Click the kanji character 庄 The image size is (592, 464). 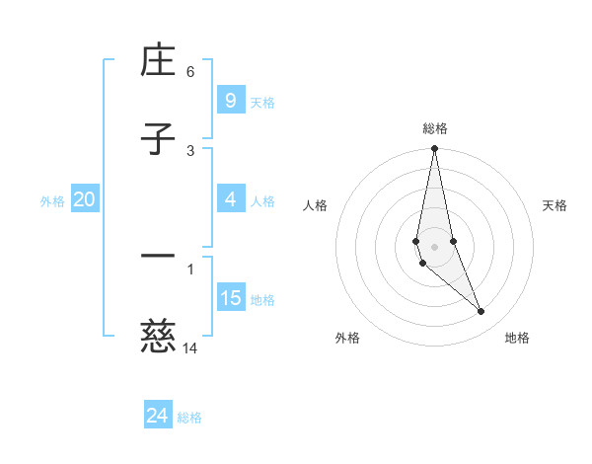click(x=158, y=63)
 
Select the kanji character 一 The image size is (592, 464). click(x=158, y=257)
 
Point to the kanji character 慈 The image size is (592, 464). click(x=158, y=338)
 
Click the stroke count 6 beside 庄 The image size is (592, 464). click(x=190, y=71)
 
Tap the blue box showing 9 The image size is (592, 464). click(x=230, y=101)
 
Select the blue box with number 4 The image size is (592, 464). click(x=230, y=199)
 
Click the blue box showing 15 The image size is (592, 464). click(x=230, y=298)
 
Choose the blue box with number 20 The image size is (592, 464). click(x=84, y=199)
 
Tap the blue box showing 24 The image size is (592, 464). click(x=157, y=416)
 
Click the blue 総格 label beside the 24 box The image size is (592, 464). click(x=189, y=418)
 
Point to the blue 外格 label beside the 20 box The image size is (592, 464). click(x=52, y=201)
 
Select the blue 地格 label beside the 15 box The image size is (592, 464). click(x=262, y=300)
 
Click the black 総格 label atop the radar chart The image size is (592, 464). click(x=434, y=128)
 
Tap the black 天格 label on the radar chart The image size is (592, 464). click(x=555, y=205)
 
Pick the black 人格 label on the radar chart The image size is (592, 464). click(x=315, y=205)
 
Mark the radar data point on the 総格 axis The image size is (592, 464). click(x=434, y=149)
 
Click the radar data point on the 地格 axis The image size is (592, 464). click(x=481, y=312)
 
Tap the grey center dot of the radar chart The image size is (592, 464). click(x=434, y=246)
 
